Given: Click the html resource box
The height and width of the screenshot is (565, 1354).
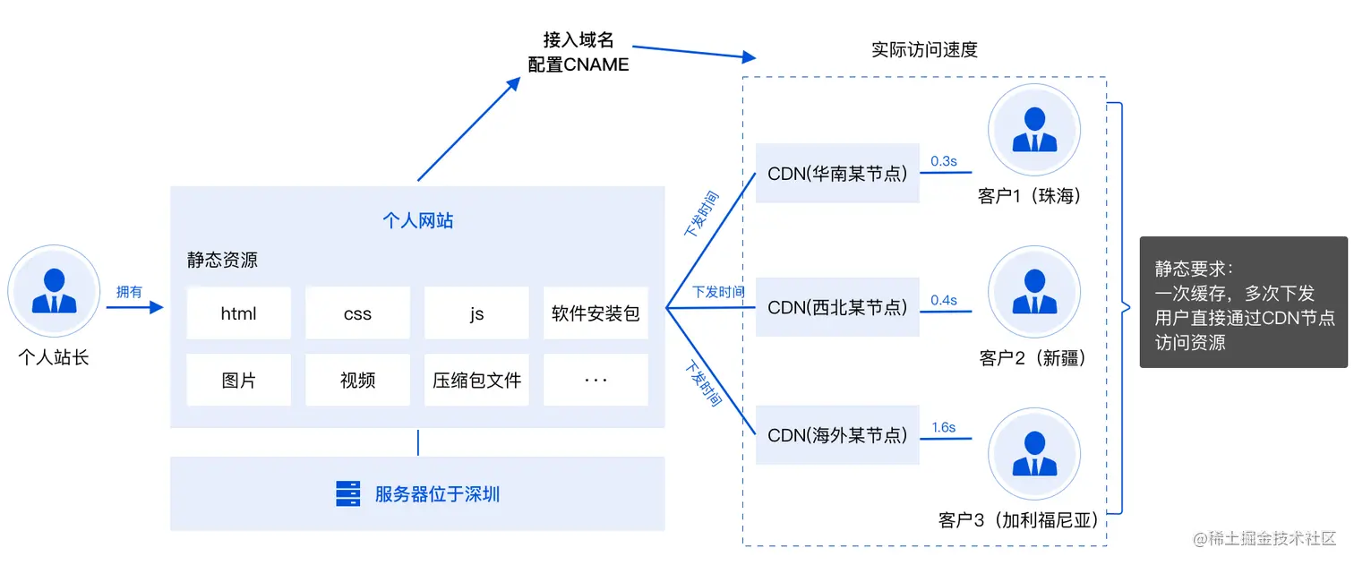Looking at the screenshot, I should [238, 313].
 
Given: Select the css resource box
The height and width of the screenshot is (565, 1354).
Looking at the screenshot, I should [357, 313].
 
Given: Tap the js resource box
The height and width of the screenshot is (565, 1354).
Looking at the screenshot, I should [476, 313].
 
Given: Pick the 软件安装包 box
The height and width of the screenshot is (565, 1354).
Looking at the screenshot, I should [596, 313].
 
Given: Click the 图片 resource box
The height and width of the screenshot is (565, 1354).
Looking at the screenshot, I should [238, 381].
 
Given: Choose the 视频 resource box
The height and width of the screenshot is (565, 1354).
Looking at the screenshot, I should [357, 381].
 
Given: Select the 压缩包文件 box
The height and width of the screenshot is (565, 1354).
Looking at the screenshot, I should [476, 381].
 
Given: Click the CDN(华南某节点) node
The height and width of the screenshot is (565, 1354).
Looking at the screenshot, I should [837, 173].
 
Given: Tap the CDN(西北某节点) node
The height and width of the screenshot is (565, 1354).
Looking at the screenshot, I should [837, 307].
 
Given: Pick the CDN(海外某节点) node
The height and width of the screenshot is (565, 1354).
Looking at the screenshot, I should [837, 435].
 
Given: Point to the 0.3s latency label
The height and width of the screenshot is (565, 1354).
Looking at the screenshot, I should [944, 161].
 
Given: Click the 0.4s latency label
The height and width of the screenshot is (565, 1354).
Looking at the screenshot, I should [944, 300].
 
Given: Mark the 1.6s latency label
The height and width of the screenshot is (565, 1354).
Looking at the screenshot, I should [944, 427].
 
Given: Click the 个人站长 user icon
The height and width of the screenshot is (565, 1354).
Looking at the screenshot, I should [54, 292].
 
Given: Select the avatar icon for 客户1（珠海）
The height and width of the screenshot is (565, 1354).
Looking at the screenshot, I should [1034, 131].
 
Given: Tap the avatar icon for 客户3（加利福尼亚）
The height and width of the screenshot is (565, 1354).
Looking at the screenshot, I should [1034, 454].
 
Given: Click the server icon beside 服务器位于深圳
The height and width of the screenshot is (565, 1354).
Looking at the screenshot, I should [348, 494].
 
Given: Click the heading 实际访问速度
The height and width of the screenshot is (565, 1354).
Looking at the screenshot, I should [924, 50].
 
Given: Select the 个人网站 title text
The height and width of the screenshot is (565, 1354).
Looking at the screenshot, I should [417, 220].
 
